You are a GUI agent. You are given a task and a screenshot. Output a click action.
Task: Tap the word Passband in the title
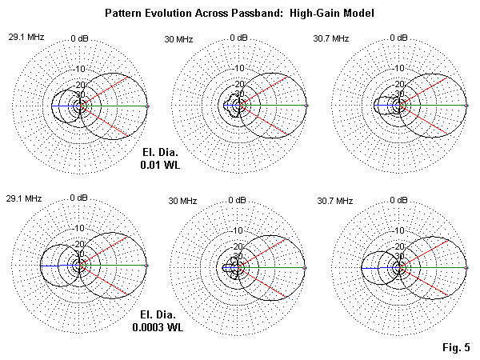pos(257,14)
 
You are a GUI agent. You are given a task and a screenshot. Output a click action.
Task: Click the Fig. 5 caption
pos(457,346)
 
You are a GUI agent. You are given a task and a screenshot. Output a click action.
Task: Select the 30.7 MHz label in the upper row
pos(333,38)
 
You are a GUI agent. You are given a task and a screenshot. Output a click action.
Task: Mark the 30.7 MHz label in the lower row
pos(333,200)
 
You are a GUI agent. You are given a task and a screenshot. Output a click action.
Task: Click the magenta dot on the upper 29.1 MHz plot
pos(148,106)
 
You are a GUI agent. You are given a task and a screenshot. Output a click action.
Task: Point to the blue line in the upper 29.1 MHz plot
pos(64,106)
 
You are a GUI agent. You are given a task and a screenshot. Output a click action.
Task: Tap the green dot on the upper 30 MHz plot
pos(307,106)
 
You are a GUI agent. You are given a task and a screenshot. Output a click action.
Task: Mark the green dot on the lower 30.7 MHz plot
pos(466,266)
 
